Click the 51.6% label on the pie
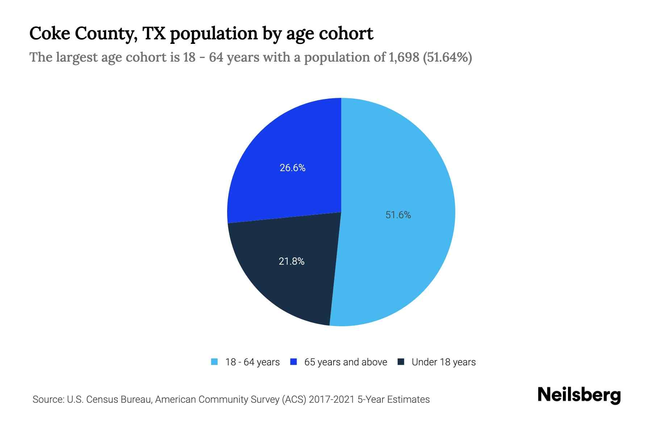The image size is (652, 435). pos(398,215)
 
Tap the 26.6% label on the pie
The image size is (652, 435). pos(292,168)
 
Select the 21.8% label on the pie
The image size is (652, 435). pos(292,261)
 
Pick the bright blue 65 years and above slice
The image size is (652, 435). pos(283,145)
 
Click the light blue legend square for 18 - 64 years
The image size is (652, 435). pos(214,362)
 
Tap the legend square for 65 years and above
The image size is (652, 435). pos(294,362)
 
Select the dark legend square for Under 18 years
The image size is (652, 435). pos(401,362)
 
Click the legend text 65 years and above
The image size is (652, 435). pos(346,362)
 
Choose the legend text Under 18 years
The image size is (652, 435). pos(443,362)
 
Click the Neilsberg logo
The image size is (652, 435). pos(579,395)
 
